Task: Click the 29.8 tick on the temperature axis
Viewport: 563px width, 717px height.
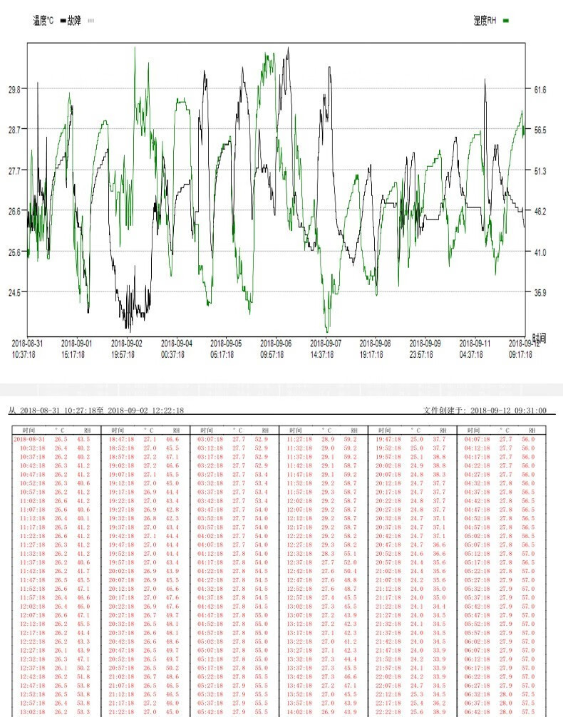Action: pyautogui.click(x=14, y=90)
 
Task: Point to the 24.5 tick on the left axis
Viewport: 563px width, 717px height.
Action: pyautogui.click(x=14, y=292)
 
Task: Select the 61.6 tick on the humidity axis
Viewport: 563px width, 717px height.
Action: pyautogui.click(x=539, y=90)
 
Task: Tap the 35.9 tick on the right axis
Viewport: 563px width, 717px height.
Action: pyautogui.click(x=539, y=292)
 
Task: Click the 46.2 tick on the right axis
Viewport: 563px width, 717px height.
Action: pyautogui.click(x=539, y=212)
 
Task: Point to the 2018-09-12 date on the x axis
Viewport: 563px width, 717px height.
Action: pyautogui.click(x=522, y=344)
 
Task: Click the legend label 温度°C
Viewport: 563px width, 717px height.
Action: pyautogui.click(x=43, y=21)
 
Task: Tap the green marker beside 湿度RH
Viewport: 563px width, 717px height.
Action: pyautogui.click(x=506, y=21)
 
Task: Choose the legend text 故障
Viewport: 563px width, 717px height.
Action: pyautogui.click(x=74, y=21)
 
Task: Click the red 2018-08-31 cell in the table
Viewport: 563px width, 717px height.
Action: pyautogui.click(x=29, y=440)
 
